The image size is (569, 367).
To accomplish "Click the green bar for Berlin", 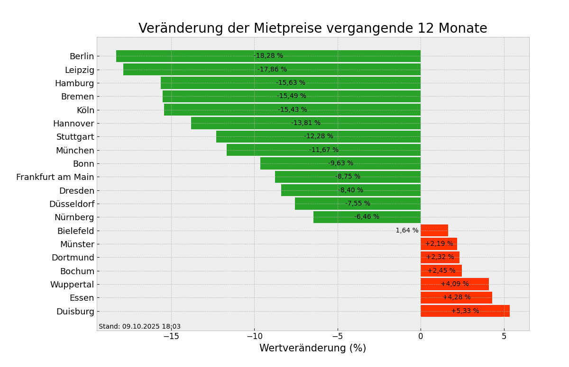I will tap(190, 56).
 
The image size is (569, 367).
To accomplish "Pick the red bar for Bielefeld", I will tap(434, 231).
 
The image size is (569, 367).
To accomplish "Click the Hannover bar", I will tap(247, 123).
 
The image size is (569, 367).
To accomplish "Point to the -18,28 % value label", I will tap(268, 56).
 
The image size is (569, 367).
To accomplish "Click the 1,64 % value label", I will tap(407, 231).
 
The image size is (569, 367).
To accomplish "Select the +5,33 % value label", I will tap(465, 311).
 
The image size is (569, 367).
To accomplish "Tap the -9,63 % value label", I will tap(340, 163).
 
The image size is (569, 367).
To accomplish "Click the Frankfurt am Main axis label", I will tap(55, 177).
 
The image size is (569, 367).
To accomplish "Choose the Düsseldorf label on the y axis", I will tap(72, 204).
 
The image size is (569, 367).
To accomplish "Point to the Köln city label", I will tap(85, 110).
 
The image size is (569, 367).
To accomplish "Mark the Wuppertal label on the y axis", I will tap(72, 285).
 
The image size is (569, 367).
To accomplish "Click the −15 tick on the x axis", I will tap(171, 337).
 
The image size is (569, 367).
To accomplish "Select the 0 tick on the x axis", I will tap(421, 337).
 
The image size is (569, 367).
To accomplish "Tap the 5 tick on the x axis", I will tap(504, 337).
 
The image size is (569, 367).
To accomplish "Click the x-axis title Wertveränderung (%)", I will tap(312, 349).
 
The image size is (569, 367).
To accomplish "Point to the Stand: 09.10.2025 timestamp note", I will tap(139, 327).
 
